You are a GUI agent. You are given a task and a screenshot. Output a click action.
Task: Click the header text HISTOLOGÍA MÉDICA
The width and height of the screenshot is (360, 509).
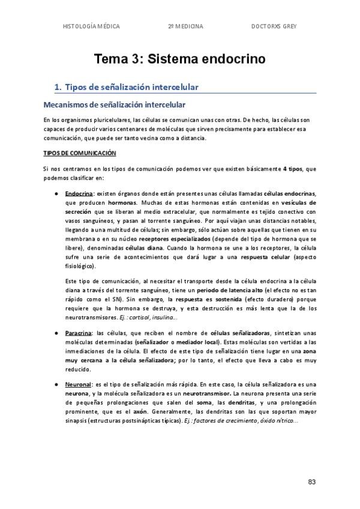click(x=91, y=26)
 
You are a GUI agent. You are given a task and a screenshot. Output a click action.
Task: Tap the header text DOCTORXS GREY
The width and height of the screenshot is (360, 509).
click(x=274, y=26)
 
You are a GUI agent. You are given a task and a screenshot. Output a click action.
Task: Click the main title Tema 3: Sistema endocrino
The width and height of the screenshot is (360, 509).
click(x=179, y=59)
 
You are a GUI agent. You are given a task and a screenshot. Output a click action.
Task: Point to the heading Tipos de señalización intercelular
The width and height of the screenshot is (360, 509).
click(x=131, y=88)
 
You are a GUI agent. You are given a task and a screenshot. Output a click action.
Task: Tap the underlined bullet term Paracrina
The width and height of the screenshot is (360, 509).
click(x=77, y=333)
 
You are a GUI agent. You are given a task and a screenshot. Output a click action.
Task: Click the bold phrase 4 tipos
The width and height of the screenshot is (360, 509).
click(x=293, y=169)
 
